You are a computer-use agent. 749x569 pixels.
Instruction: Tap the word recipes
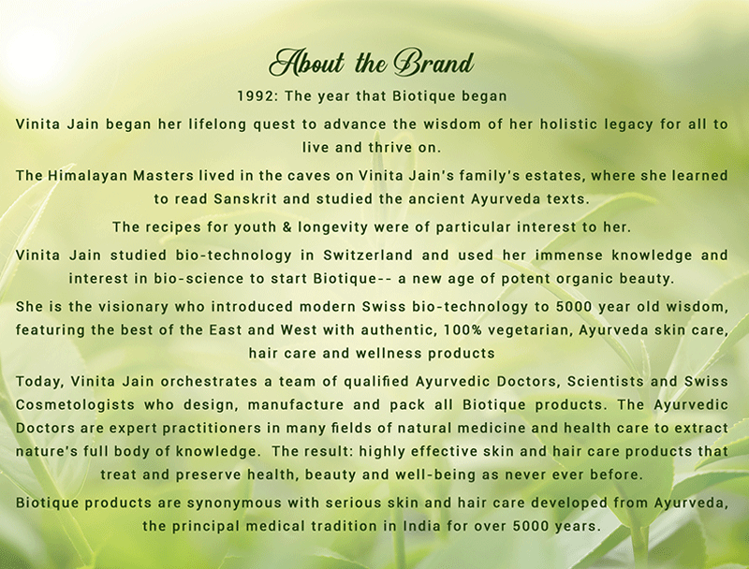[181, 226]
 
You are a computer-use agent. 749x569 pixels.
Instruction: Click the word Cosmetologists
[74, 405]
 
